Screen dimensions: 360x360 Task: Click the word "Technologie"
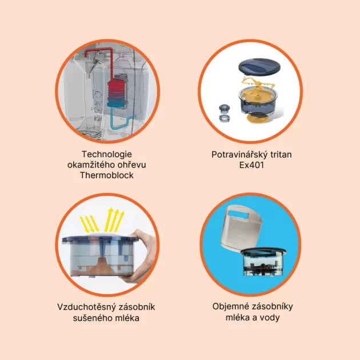click(x=107, y=154)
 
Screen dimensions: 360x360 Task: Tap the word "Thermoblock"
click(x=107, y=175)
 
